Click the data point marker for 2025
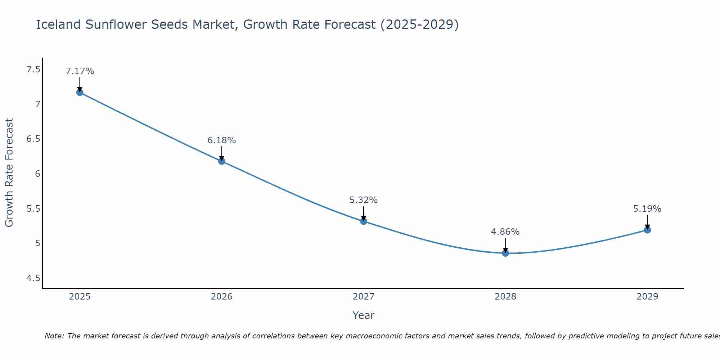click(x=80, y=93)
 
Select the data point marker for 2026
click(x=222, y=161)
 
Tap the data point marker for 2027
click(x=364, y=221)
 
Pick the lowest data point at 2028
click(x=505, y=253)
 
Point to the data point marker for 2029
click(x=647, y=230)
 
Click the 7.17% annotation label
click(x=80, y=71)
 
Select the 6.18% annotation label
click(x=222, y=140)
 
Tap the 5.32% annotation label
click(x=364, y=200)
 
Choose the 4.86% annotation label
click(x=505, y=232)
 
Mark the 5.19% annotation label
click(x=647, y=209)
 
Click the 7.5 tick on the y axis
click(x=33, y=69)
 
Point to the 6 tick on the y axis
click(x=37, y=174)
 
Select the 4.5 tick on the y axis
click(x=33, y=278)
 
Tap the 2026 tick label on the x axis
click(x=222, y=297)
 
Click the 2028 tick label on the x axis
click(x=505, y=297)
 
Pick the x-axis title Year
click(x=364, y=315)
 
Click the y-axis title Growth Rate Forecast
click(x=9, y=173)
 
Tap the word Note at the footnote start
click(x=54, y=336)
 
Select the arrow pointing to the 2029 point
click(x=647, y=221)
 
